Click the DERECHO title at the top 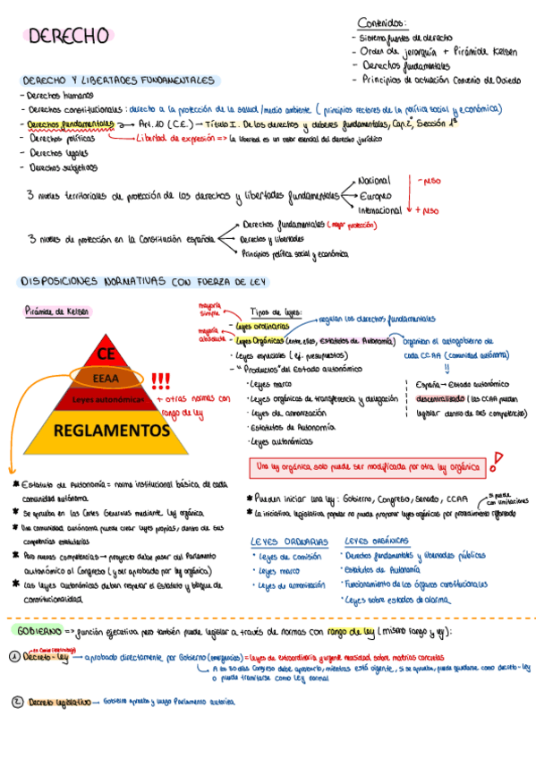(70, 36)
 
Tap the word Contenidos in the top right (381, 22)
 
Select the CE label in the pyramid (106, 352)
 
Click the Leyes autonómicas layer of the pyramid (108, 398)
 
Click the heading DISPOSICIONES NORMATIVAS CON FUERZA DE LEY (149, 281)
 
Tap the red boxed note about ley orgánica (368, 467)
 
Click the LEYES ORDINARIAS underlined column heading (289, 542)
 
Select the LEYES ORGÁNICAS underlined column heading (376, 542)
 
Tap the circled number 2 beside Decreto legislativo (16, 702)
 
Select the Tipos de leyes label (277, 312)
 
